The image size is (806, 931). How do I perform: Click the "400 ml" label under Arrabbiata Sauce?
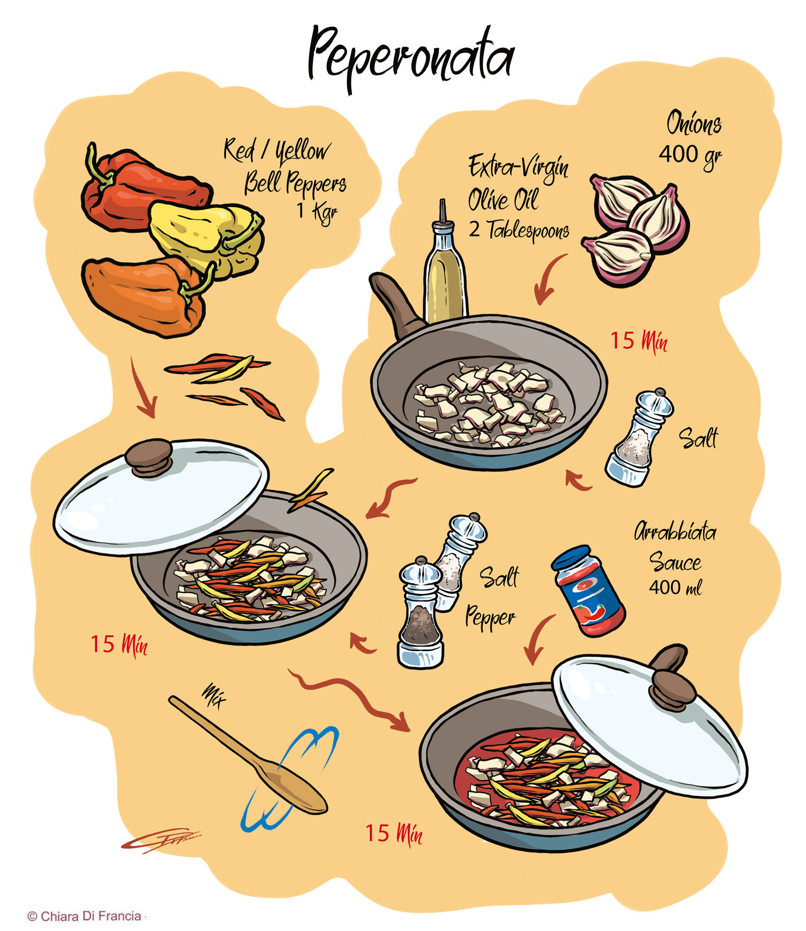675,588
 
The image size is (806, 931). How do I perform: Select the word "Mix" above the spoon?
214,696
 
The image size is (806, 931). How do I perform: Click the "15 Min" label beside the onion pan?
638,341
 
